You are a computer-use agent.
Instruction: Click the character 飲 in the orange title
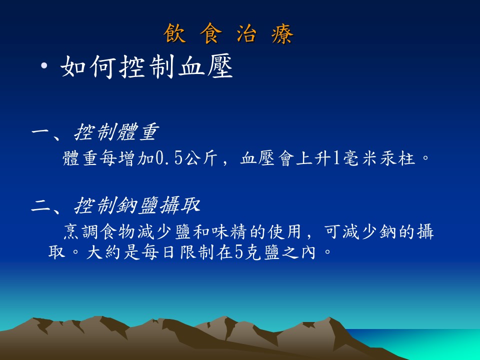click(x=175, y=33)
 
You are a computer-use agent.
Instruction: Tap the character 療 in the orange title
click(x=282, y=33)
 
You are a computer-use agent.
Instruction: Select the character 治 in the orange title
click(x=246, y=33)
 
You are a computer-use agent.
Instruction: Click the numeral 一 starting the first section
click(x=41, y=132)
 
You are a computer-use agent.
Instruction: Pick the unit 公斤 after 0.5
click(x=201, y=158)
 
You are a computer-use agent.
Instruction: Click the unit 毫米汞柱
click(x=379, y=158)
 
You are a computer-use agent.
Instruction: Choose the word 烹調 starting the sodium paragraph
click(x=81, y=231)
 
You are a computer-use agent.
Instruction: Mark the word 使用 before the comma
click(x=285, y=231)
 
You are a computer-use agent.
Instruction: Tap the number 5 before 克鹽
click(x=239, y=253)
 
